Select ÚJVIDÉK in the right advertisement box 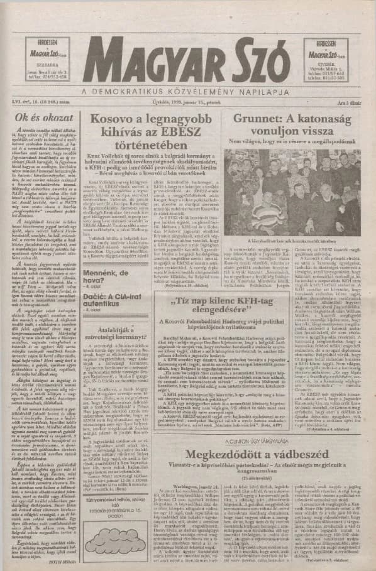[328, 63]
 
